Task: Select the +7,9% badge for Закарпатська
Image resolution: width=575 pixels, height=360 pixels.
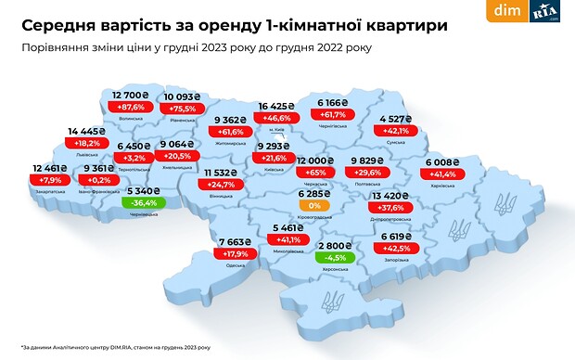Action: coord(51,180)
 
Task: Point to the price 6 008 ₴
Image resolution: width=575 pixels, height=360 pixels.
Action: coord(443,160)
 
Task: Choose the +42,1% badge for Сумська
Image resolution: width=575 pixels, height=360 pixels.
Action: coord(398,131)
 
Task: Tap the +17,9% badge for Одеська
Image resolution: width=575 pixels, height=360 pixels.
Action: coord(238,255)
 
